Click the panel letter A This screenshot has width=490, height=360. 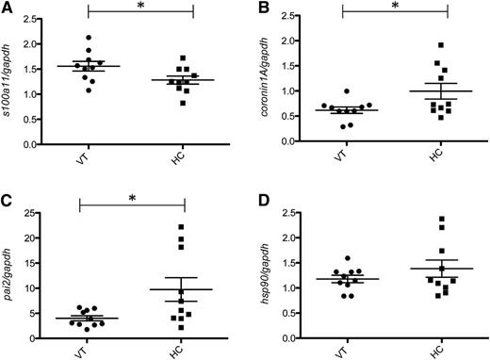click(x=6, y=8)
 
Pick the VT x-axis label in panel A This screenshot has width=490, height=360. click(x=87, y=163)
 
